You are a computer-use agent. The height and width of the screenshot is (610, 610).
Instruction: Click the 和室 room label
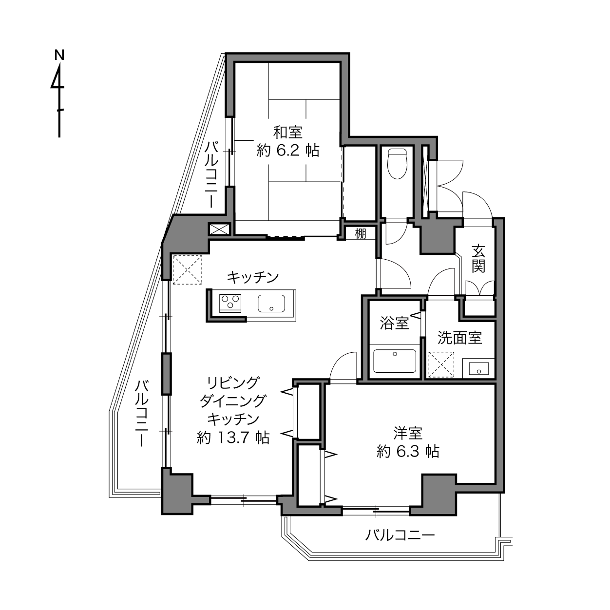[288, 133]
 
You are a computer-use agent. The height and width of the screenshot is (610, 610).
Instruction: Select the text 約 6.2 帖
[288, 151]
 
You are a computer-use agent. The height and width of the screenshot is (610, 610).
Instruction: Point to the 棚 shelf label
[361, 234]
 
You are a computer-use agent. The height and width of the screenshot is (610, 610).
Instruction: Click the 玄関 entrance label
[478, 259]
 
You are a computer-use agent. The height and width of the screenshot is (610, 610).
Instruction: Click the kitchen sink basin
[271, 303]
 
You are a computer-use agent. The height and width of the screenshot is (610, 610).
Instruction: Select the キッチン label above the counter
[252, 278]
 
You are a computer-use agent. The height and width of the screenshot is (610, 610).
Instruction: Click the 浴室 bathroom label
[395, 323]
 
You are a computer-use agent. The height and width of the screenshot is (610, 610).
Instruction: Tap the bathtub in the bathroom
[395, 361]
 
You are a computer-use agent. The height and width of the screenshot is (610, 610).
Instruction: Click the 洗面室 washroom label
[459, 338]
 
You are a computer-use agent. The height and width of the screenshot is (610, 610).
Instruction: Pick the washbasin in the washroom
[478, 369]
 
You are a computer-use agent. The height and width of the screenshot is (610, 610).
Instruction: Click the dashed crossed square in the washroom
[441, 364]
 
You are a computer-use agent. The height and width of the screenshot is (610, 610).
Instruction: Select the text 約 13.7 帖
[233, 438]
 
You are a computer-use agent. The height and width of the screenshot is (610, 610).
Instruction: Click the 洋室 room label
[408, 433]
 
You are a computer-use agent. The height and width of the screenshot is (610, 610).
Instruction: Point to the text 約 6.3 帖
[408, 452]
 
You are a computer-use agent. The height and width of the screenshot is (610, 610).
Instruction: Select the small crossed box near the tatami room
[219, 229]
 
